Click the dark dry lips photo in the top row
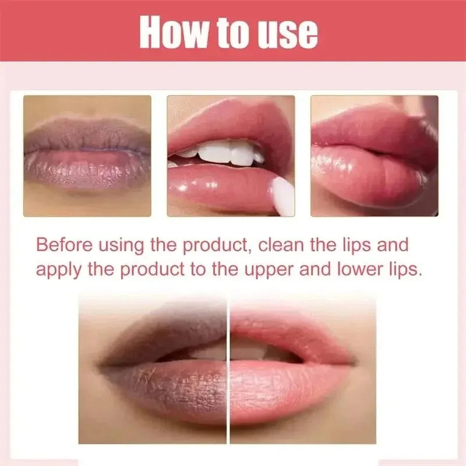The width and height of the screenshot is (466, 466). tap(87, 156)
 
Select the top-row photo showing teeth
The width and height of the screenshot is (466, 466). tap(231, 156)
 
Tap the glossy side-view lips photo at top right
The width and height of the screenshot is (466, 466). tap(374, 156)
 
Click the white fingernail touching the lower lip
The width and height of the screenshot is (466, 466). tap(284, 196)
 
